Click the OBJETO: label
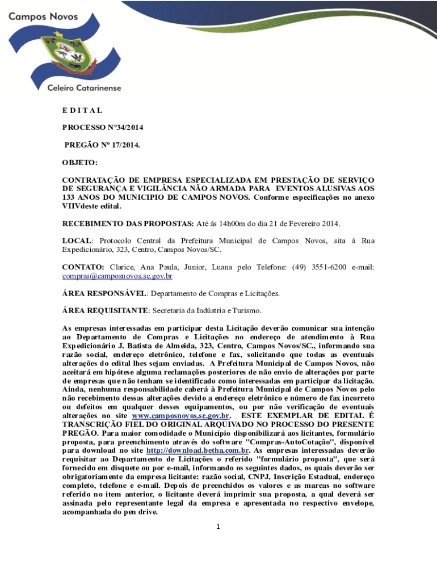point(79,163)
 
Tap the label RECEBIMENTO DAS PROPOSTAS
point(128,224)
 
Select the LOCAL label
point(76,241)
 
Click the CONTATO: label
point(83,267)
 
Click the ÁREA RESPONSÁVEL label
point(104,293)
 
